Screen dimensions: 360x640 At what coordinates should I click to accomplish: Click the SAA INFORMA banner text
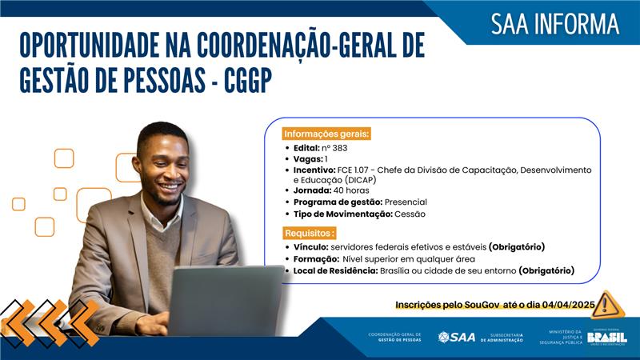point(554,24)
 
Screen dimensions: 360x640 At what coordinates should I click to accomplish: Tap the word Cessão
point(410,214)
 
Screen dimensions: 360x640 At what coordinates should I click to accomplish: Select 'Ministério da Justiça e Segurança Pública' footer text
point(565,337)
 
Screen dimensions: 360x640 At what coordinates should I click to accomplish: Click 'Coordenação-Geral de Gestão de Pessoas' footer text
point(394,337)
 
